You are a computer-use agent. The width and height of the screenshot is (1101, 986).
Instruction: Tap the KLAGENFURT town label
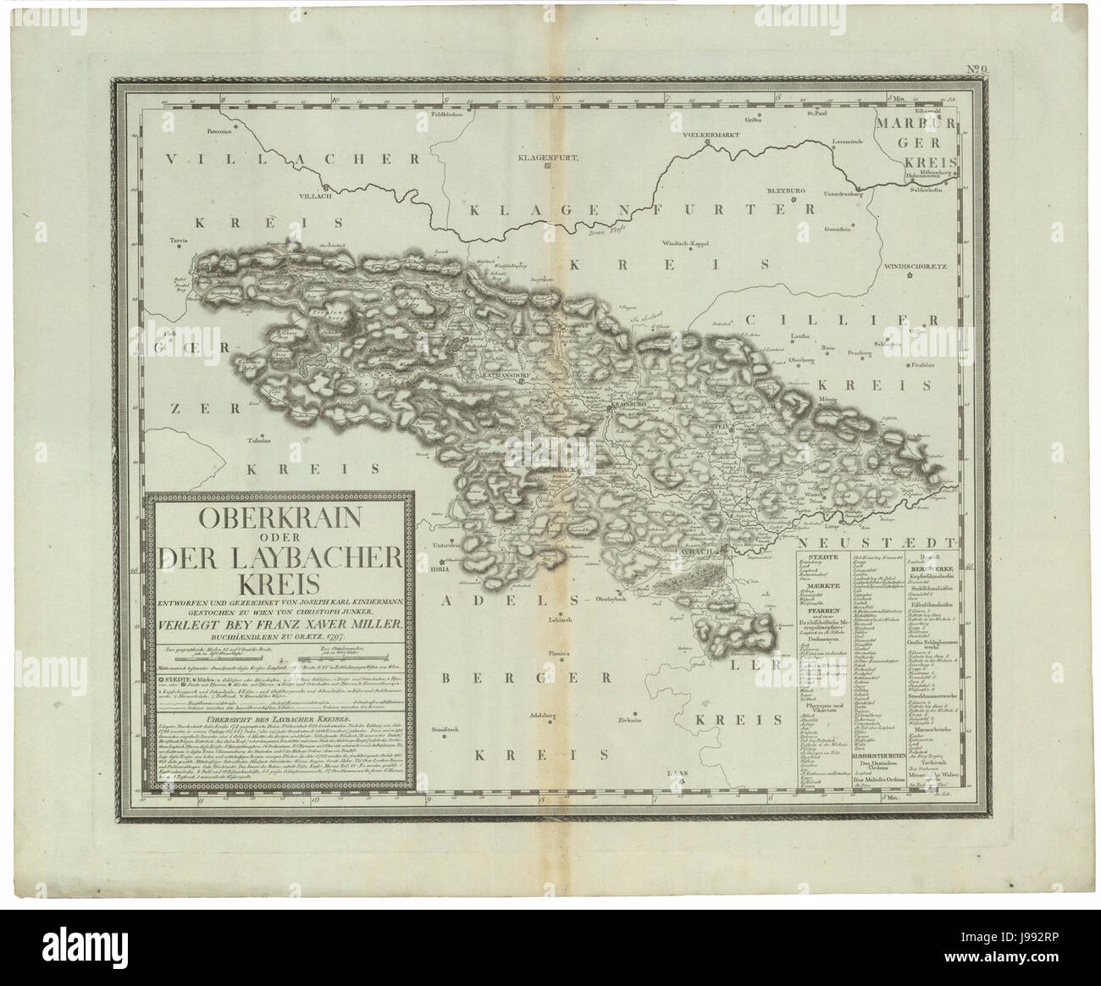tap(545, 157)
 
